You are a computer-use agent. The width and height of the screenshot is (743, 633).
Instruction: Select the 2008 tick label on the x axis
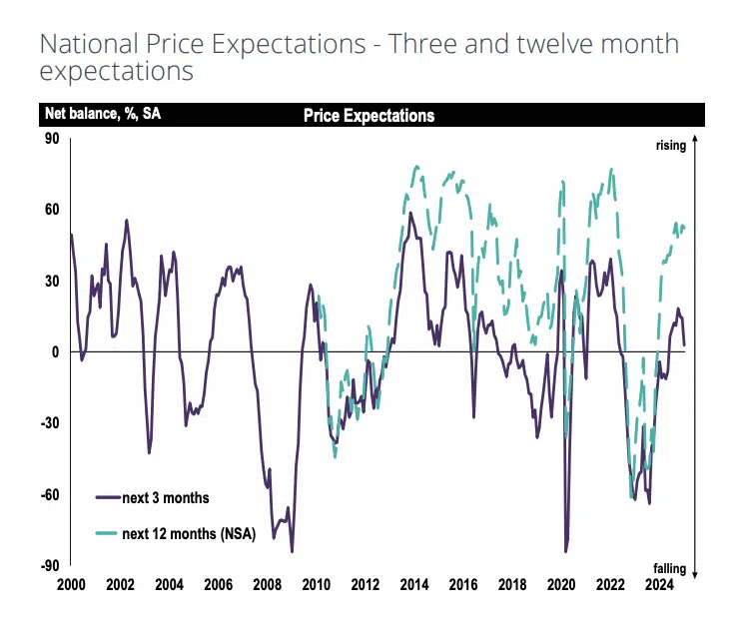[267, 585]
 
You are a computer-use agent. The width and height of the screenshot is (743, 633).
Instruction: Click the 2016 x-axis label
[462, 585]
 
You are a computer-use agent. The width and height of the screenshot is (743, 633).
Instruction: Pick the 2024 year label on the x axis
[658, 585]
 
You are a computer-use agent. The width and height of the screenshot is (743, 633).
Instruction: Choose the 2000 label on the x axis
[70, 585]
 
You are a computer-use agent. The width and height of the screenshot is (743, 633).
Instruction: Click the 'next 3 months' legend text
[166, 497]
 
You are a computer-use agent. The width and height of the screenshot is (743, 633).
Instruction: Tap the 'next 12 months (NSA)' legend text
[190, 534]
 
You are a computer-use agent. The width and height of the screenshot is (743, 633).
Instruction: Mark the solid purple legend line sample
[107, 497]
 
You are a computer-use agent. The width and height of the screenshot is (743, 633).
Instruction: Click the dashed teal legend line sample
[107, 534]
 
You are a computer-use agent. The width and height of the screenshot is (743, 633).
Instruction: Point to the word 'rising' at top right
[671, 146]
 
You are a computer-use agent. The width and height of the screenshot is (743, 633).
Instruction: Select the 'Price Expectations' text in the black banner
[369, 116]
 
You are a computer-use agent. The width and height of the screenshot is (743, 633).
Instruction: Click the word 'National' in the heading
[90, 44]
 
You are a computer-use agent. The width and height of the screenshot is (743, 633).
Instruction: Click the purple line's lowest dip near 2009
[292, 551]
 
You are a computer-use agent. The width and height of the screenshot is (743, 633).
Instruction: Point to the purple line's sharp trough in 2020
[566, 551]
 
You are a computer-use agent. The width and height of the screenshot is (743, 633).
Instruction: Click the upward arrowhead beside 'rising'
[694, 139]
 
